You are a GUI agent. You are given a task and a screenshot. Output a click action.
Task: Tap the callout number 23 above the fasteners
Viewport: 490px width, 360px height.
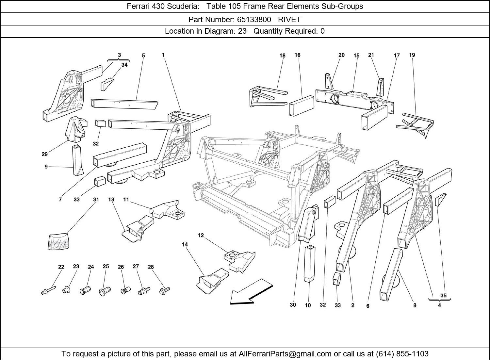(x=76, y=267)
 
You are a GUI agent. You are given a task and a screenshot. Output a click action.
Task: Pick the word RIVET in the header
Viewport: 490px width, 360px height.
(x=289, y=20)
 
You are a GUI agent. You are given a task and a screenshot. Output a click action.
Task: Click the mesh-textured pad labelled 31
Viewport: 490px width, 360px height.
(x=59, y=241)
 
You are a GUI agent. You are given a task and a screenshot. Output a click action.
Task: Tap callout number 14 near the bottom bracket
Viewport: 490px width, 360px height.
(x=185, y=244)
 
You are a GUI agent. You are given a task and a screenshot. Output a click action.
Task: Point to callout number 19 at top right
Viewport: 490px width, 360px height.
(x=412, y=55)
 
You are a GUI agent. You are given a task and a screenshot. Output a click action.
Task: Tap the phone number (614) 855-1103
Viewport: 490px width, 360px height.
(x=402, y=354)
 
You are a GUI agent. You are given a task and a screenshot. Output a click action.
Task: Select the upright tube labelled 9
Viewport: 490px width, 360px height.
(x=77, y=160)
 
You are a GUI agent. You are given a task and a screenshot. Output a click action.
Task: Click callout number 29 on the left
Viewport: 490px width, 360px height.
(x=45, y=154)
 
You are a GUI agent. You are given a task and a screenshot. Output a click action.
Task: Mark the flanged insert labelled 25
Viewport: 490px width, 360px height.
(x=105, y=290)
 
